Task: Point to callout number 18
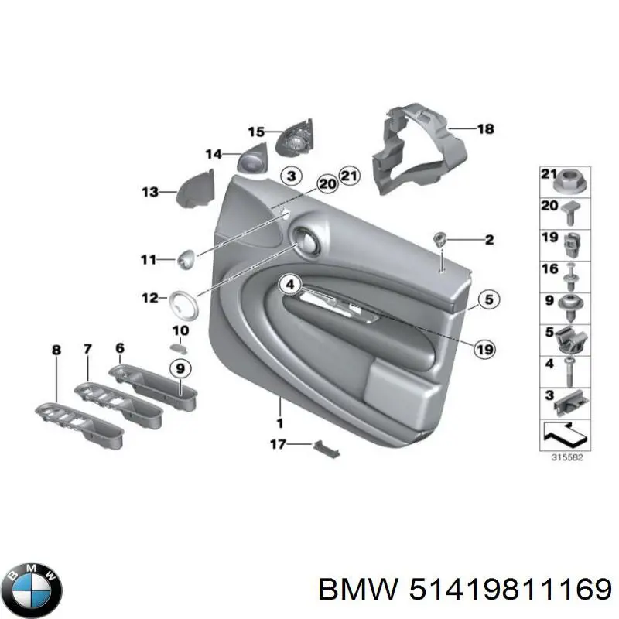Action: pyautogui.click(x=484, y=129)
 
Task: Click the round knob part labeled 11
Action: pyautogui.click(x=186, y=258)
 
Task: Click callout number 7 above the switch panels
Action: pyautogui.click(x=87, y=350)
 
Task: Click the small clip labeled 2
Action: pyautogui.click(x=440, y=239)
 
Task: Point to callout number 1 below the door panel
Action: pyautogui.click(x=279, y=422)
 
